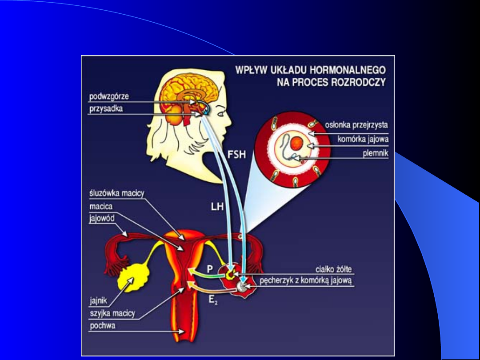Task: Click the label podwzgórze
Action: point(109,96)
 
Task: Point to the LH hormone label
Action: point(217,207)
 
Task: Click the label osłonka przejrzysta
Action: point(356,126)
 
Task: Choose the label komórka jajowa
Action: point(363,139)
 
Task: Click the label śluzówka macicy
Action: point(114,193)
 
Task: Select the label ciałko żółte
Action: point(333,269)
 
